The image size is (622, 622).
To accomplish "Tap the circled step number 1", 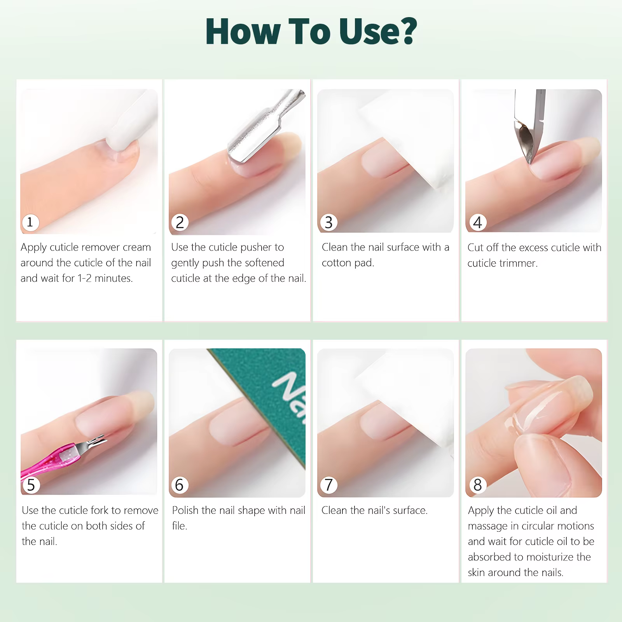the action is click(30, 222).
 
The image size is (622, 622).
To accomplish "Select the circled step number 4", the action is click(478, 222).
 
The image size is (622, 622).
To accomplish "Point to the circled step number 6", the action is click(179, 485).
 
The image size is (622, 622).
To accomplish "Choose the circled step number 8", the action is click(478, 485).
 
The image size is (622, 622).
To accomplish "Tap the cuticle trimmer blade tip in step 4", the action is click(529, 162).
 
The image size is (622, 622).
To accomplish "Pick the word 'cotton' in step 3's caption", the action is click(336, 263).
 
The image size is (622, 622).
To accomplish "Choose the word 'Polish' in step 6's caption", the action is click(185, 510).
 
